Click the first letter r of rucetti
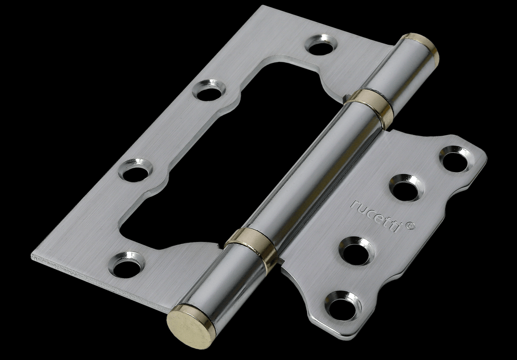coord(355,203)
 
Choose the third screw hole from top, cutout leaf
coord(135,170)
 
